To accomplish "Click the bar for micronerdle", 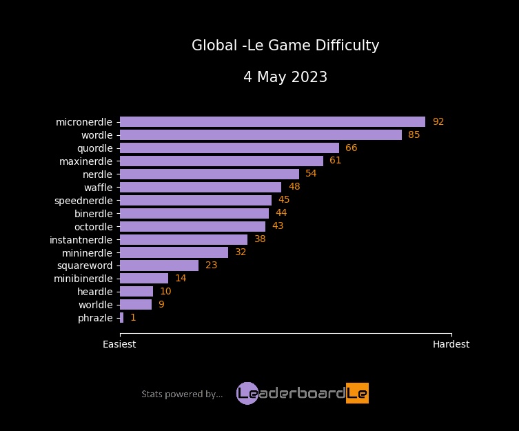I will pyautogui.click(x=272, y=122).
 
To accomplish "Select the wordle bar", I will pyautogui.click(x=261, y=135).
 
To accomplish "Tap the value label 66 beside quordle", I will pyautogui.click(x=351, y=148).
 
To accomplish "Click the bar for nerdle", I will pyautogui.click(x=210, y=174).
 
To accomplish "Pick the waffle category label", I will pyautogui.click(x=98, y=188).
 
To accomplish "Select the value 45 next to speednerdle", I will pyautogui.click(x=284, y=200).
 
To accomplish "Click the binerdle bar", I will pyautogui.click(x=194, y=213).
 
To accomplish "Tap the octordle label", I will pyautogui.click(x=93, y=226).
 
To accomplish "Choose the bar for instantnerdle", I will pyautogui.click(x=183, y=239).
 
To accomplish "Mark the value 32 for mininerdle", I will pyautogui.click(x=241, y=252).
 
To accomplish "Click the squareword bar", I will pyautogui.click(x=159, y=265).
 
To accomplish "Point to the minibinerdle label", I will pyautogui.click(x=83, y=279).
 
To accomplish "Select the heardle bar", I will pyautogui.click(x=136, y=292).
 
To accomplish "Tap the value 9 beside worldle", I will pyautogui.click(x=161, y=305).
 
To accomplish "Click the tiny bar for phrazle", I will pyautogui.click(x=122, y=318).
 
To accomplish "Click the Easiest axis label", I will pyautogui.click(x=119, y=344).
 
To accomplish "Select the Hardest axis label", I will pyautogui.click(x=451, y=344).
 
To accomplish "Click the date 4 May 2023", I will pyautogui.click(x=285, y=77).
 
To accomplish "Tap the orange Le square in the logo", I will pyautogui.click(x=357, y=393).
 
